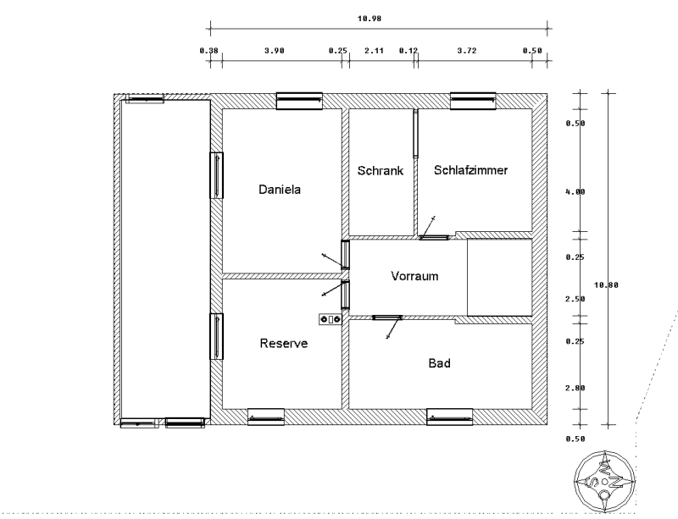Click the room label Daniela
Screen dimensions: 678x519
click(x=280, y=190)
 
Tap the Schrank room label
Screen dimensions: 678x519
click(x=380, y=171)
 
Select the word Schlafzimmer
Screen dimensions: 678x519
click(x=470, y=170)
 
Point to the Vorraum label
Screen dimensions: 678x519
click(x=414, y=276)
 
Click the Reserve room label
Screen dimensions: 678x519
click(x=284, y=344)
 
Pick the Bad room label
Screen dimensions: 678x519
click(x=439, y=363)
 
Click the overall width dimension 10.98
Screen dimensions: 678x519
click(x=370, y=19)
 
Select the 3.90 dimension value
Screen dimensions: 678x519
click(x=274, y=51)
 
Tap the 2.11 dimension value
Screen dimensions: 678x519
click(x=374, y=51)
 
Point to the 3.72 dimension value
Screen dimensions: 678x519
click(x=467, y=51)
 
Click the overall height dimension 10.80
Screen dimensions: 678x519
click(x=606, y=284)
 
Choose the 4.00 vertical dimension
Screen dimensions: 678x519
click(x=575, y=192)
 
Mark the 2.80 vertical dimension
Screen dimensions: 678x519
click(x=575, y=388)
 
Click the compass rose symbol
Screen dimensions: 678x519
click(x=605, y=482)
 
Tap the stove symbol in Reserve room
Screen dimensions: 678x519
click(x=331, y=319)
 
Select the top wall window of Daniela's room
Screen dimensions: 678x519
click(x=299, y=101)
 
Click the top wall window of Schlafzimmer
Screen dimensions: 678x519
click(x=473, y=101)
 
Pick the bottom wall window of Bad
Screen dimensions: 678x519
click(x=450, y=417)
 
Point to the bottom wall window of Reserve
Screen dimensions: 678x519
click(x=266, y=417)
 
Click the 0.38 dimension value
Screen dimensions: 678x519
click(x=208, y=51)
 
